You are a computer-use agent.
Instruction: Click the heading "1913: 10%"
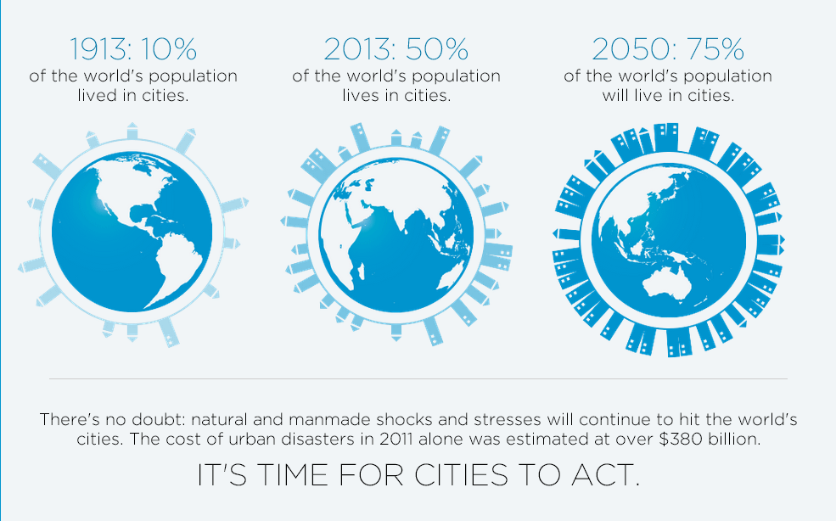point(133,49)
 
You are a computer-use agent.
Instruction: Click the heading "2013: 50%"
point(396,49)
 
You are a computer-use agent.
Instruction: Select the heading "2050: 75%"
point(667,49)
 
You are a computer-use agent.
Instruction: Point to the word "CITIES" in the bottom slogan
point(461,474)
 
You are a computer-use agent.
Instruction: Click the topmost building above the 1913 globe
point(132,132)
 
